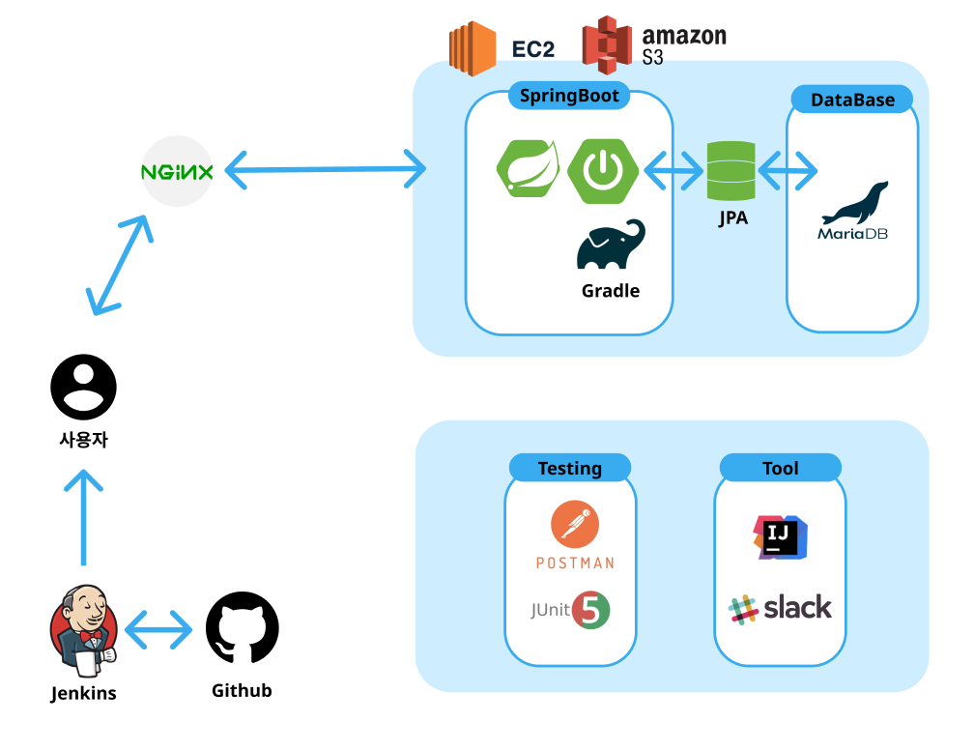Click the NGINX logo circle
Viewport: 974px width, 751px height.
(177, 172)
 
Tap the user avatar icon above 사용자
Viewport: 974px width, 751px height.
(84, 387)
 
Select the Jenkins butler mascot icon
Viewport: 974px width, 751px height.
(83, 630)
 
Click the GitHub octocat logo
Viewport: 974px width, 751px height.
(243, 628)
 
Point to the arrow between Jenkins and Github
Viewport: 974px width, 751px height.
(159, 630)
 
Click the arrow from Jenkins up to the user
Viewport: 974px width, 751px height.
(85, 517)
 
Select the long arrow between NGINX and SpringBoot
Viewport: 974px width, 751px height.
(325, 171)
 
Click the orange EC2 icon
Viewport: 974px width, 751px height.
(472, 48)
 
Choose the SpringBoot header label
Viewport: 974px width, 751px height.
(569, 96)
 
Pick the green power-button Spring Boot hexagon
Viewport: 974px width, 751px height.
(602, 171)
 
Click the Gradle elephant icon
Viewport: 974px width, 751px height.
(611, 246)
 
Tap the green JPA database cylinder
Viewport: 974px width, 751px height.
(730, 171)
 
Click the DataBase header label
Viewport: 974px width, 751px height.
(852, 100)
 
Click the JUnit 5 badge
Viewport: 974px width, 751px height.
(590, 611)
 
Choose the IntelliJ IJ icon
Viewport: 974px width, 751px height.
(780, 536)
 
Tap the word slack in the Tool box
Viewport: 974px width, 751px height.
(797, 608)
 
